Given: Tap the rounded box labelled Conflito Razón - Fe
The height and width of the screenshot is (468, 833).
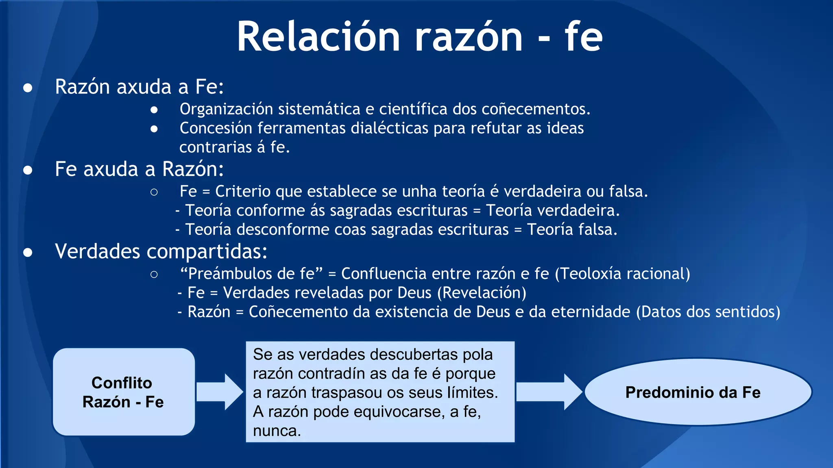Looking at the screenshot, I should [124, 392].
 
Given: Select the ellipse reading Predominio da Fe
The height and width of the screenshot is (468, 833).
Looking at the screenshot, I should [698, 392].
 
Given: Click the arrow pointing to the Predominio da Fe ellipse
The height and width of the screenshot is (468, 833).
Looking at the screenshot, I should [549, 392].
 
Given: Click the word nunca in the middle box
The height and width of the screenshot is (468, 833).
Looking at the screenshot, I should [277, 431].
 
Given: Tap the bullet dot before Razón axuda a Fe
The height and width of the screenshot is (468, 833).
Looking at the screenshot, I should [28, 88].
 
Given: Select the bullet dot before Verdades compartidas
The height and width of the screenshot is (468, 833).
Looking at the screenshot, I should [28, 253].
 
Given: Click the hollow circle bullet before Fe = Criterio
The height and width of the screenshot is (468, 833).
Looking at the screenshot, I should [154, 192].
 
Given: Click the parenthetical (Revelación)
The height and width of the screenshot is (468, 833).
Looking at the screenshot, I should [482, 293].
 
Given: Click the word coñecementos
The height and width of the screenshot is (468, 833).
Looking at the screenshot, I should [536, 109].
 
